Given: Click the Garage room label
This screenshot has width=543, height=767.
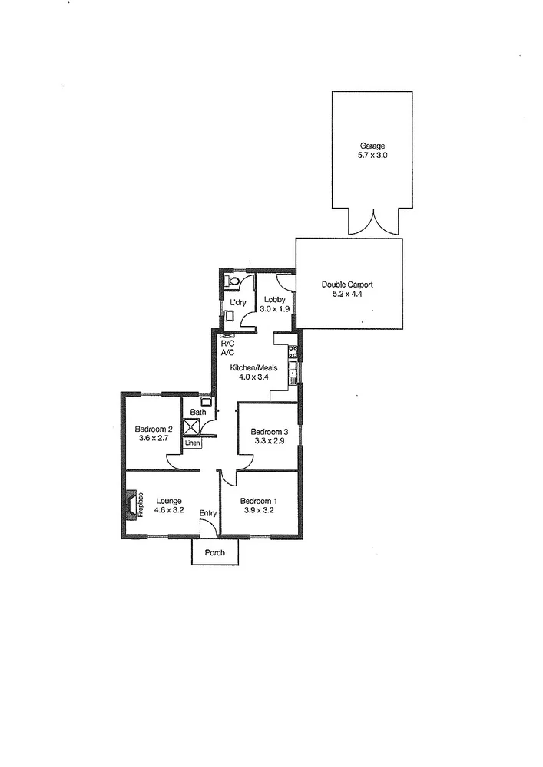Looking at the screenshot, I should [x=372, y=146].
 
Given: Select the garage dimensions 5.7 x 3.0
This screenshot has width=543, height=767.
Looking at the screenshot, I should [x=372, y=155].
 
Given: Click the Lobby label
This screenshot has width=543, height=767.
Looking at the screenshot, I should [x=275, y=299].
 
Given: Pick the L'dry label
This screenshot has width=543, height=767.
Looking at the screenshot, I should [x=238, y=303].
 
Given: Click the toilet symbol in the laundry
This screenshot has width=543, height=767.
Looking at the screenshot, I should [x=233, y=282].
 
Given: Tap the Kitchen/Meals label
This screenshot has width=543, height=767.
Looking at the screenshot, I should [x=253, y=367].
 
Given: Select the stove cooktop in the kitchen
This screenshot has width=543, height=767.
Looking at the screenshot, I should [x=292, y=353].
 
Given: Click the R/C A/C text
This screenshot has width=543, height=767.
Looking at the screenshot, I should [x=227, y=348].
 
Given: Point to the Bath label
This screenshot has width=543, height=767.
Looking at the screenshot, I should [x=198, y=413].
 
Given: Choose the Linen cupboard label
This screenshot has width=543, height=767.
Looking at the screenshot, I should [x=192, y=444].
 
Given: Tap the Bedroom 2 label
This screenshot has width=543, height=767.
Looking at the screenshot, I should [x=153, y=429].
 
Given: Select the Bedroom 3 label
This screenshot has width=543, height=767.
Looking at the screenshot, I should [x=270, y=432].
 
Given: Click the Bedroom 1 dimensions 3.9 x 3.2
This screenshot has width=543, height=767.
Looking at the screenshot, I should [x=259, y=510].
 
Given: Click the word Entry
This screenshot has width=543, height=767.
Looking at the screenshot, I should [x=208, y=513].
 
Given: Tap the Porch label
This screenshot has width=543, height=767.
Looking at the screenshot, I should [x=215, y=553].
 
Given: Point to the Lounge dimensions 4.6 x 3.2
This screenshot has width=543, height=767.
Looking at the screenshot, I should [x=167, y=510].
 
